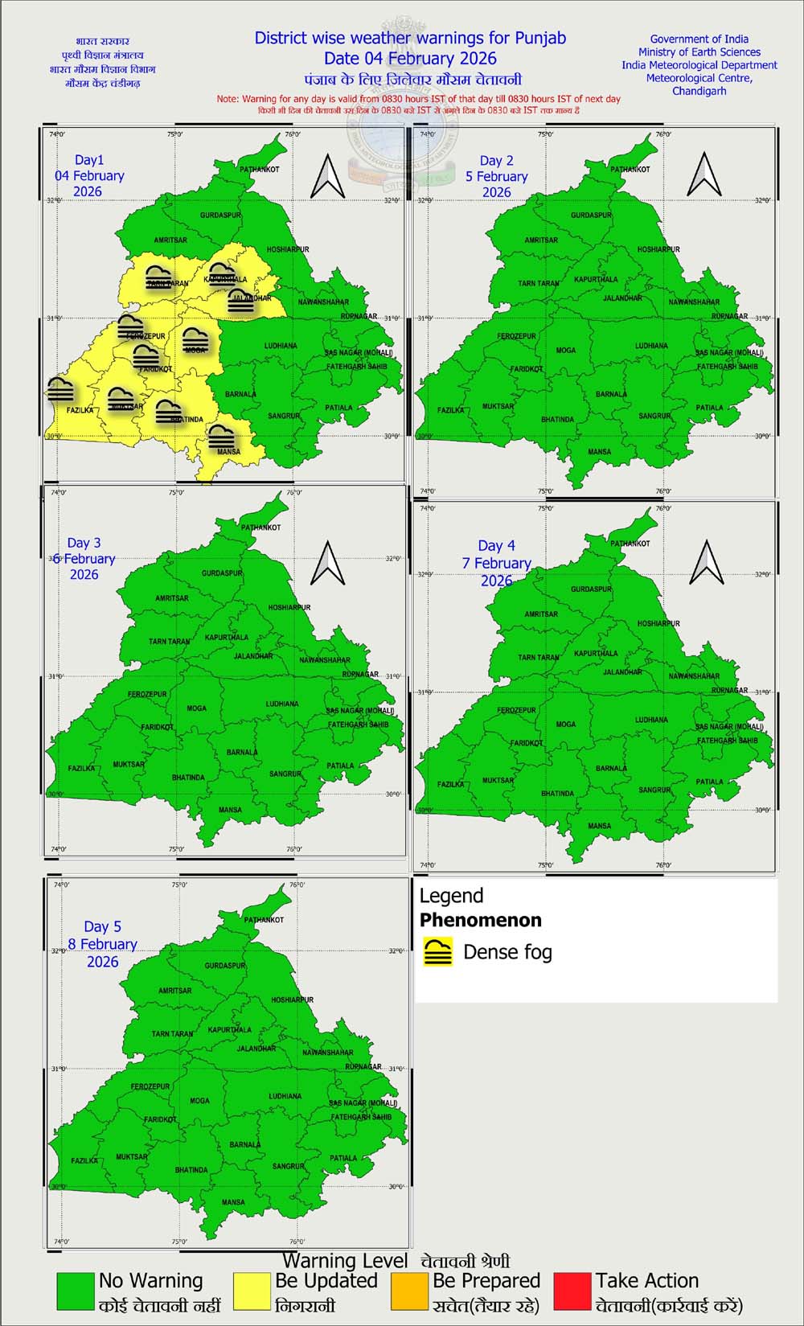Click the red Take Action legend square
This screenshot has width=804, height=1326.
coord(572,1291)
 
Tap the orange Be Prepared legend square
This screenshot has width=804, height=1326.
coord(409,1291)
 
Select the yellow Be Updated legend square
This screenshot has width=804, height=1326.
coord(252,1291)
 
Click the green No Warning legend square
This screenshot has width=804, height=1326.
coord(76,1291)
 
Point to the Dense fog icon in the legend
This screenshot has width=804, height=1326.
coord(438,952)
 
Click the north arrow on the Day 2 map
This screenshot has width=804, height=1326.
coord(704,174)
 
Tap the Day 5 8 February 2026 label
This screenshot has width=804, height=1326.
coord(102,944)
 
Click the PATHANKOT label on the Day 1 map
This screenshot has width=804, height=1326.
coord(260,170)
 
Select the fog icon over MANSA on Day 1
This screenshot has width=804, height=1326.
coord(222,437)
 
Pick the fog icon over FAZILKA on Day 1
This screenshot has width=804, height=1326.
coord(60,390)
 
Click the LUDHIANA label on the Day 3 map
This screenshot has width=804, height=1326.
coord(282,704)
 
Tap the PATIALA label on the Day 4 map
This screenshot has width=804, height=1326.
coord(709,782)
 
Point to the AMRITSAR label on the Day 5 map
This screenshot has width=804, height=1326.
coord(174,991)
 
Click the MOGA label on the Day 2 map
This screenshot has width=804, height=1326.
coord(566,351)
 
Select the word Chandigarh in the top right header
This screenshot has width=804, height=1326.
coord(699,91)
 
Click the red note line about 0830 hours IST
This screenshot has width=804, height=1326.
coord(418,99)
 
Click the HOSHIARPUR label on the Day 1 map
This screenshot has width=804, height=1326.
coord(288,249)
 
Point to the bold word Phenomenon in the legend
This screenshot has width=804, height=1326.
coord(480,920)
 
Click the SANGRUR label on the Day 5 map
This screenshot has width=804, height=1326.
coord(288,1166)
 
